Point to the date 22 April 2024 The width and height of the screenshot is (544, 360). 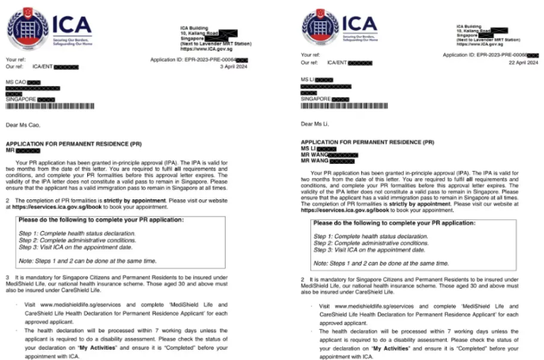click(520, 62)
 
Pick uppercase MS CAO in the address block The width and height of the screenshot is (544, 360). click(17, 81)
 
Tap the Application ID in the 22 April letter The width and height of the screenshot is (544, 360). click(486, 55)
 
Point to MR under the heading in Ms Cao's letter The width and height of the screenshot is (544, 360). click(10, 150)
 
